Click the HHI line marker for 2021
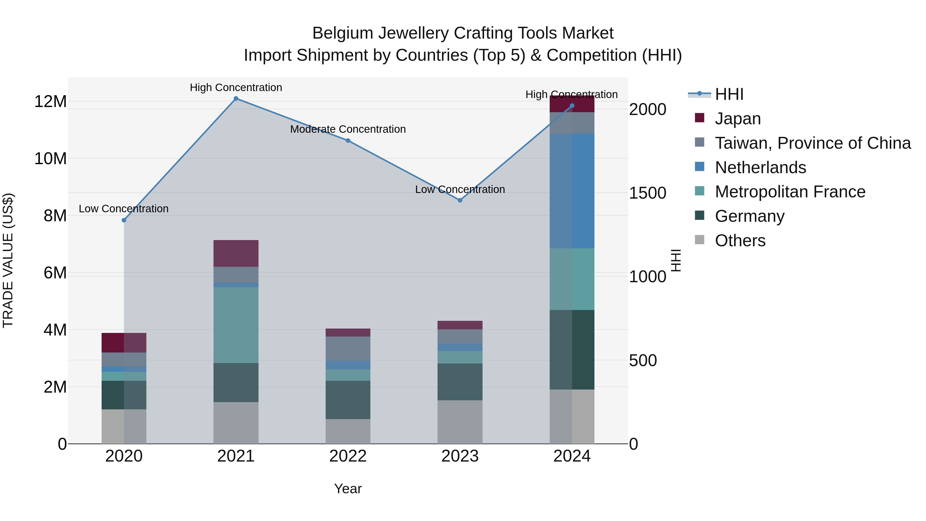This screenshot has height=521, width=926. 236,99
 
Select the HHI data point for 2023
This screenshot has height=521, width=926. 460,200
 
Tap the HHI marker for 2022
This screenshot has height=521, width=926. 348,140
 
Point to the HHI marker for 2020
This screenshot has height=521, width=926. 124,220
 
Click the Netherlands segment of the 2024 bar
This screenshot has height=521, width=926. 572,191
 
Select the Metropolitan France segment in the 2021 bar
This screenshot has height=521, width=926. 236,325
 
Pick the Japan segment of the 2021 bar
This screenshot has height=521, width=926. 236,253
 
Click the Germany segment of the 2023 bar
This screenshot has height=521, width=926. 460,382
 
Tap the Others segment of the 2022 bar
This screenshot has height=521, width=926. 348,431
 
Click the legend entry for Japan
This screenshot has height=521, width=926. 738,119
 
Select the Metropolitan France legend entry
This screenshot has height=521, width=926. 790,192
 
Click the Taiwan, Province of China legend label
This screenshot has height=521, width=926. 812,143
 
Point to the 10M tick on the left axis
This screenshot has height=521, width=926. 50,158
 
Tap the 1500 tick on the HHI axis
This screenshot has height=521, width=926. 647,193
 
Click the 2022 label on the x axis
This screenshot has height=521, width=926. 348,456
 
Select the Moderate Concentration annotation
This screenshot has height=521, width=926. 348,129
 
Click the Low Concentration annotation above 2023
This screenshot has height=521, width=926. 460,189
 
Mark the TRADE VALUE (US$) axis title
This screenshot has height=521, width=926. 8,260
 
